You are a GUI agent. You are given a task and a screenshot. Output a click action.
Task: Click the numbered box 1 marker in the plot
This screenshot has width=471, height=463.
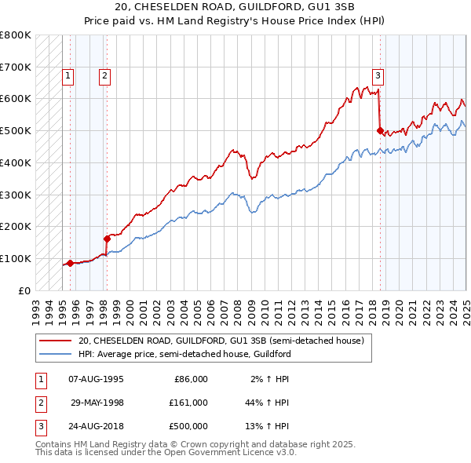68,76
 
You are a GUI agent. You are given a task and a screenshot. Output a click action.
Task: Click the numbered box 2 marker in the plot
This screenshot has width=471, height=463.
104,76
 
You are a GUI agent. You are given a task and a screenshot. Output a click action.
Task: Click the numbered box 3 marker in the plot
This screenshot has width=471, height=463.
378,76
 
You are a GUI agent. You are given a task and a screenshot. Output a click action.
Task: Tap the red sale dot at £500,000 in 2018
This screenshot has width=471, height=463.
380,131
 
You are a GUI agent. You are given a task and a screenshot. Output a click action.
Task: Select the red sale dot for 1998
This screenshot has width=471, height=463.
107,239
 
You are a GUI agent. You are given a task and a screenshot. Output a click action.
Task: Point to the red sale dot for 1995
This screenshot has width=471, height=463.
70,263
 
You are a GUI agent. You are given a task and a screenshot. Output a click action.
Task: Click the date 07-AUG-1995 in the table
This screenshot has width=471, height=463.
97,379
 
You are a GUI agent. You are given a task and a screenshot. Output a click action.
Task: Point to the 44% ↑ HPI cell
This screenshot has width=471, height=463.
267,403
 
